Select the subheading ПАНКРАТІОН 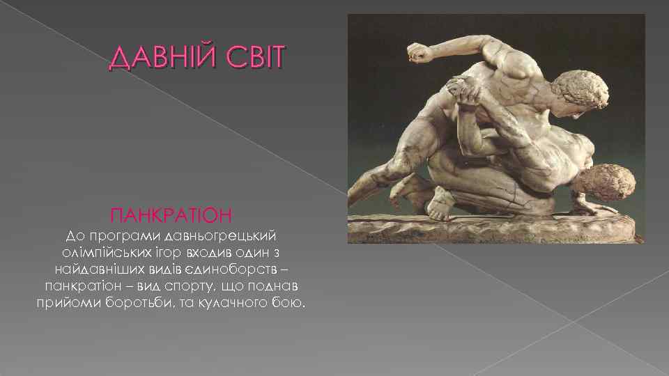[171, 210]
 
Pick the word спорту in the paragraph [192, 286]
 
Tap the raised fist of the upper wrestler [417, 53]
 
